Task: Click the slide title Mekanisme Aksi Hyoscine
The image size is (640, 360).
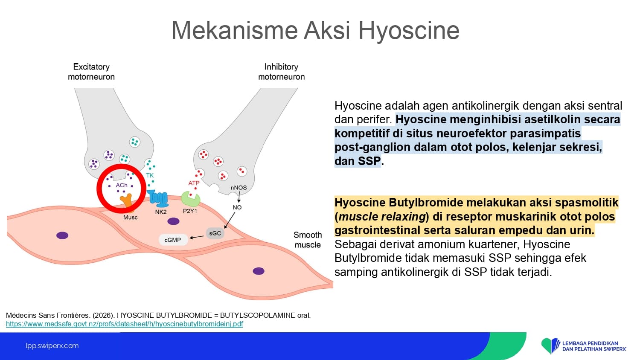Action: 315,30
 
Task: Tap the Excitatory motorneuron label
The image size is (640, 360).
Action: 91,72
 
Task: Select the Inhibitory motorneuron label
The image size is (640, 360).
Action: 282,72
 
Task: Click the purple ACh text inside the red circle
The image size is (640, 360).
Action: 122,185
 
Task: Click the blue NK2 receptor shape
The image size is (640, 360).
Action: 158,198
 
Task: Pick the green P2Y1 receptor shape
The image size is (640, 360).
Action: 190,199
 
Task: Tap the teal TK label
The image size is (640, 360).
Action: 150,175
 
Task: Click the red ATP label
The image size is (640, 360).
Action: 194,183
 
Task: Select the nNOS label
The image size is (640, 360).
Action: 239,188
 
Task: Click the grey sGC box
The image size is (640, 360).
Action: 215,233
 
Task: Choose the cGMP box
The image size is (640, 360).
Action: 173,240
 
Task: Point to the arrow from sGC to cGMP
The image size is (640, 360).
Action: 197,237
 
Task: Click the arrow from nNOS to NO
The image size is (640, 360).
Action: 239,197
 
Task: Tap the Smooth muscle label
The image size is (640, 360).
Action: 308,240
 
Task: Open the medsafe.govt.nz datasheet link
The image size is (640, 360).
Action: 124,324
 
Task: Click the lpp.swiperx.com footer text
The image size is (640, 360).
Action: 52,346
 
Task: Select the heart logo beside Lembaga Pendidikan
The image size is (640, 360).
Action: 550,345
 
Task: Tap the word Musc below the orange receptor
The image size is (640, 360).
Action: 130,218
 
